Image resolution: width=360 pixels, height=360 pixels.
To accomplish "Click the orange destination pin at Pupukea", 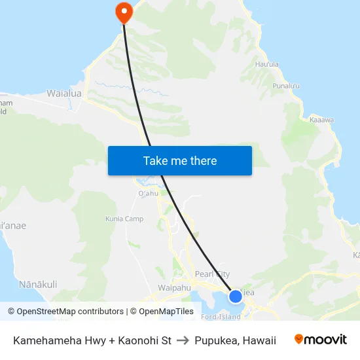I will coord(123,11).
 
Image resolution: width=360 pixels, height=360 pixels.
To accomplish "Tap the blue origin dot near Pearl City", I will coord(236,297).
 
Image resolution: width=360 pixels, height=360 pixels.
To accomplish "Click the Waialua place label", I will coord(64,94).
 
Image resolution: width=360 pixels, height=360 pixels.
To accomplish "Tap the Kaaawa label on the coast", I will coord(321,120).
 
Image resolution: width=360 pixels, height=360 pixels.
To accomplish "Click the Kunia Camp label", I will coord(124,219).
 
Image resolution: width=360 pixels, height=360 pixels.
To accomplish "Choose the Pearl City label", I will coord(212,274).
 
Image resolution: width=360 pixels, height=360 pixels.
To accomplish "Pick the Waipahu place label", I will coord(174,287).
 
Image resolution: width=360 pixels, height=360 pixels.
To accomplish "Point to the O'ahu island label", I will coord(148,193).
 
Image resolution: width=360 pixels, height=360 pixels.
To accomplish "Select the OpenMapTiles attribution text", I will coord(165,312).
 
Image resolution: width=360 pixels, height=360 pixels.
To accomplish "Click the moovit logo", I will coord(320,340).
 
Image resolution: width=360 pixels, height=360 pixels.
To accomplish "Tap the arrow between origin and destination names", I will coord(183,340).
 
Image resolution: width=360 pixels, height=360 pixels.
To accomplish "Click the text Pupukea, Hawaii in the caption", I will coord(235,340).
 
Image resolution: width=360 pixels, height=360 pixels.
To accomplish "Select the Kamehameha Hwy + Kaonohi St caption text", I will coord(92,340).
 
